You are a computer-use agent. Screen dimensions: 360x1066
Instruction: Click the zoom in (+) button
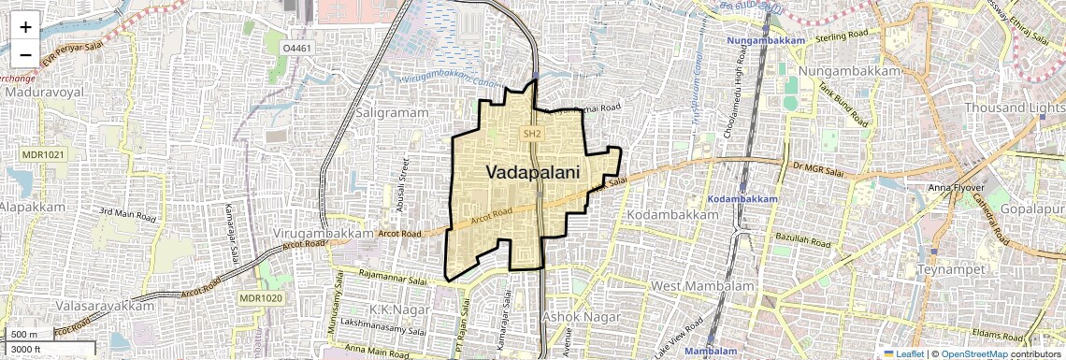(x=25, y=26)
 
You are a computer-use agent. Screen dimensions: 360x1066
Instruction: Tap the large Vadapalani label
(x=532, y=172)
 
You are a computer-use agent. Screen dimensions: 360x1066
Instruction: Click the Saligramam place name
(x=393, y=112)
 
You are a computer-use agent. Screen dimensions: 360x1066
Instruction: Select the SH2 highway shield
(x=532, y=135)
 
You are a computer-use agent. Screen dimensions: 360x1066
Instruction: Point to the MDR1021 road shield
(x=44, y=154)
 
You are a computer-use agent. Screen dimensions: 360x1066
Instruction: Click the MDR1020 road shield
(x=260, y=297)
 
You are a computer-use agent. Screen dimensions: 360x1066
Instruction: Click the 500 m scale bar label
(x=24, y=335)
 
